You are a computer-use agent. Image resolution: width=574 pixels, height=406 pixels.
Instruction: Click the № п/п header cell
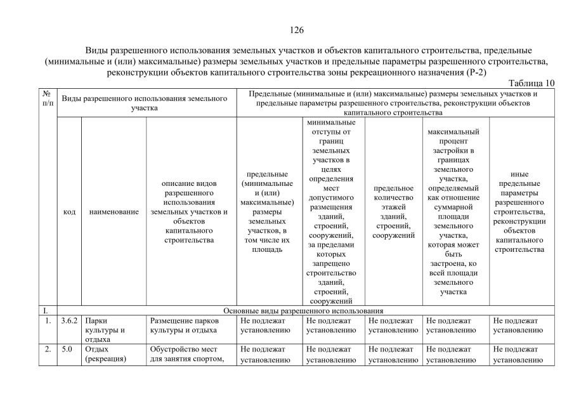pos(48,98)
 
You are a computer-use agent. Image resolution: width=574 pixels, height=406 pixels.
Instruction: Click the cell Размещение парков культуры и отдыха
pos(185,325)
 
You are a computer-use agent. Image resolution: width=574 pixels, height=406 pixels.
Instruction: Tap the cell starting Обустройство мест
pos(185,354)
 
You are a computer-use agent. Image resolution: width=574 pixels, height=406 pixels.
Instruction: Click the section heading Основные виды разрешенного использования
pos(304,311)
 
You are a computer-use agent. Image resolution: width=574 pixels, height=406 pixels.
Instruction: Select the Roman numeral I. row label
pos(46,311)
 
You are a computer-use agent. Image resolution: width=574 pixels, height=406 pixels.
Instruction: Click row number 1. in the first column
pos(47,321)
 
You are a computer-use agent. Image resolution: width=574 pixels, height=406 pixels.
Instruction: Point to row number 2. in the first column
pos(47,350)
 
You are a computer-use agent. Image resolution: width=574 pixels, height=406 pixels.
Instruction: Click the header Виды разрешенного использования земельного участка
pos(145,103)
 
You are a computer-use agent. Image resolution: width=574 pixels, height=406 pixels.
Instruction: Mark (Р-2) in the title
pos(473,72)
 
